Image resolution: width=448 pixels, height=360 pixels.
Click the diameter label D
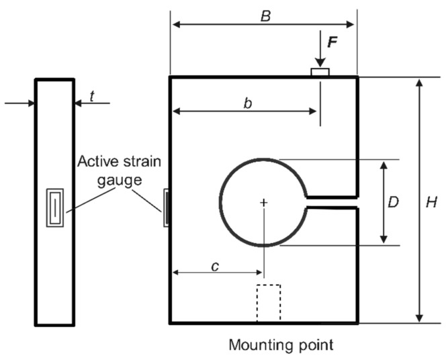(396, 201)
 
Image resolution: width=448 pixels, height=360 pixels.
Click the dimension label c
(215, 265)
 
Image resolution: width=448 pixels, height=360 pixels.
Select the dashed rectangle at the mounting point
(269, 304)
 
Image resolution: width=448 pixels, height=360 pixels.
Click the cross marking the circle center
(264, 202)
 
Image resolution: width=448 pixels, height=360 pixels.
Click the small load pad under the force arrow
(320, 72)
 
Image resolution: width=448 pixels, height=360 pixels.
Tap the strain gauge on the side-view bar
(54, 209)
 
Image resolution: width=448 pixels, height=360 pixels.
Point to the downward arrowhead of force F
(320, 62)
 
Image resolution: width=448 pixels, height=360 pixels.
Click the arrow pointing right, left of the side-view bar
(30, 103)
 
